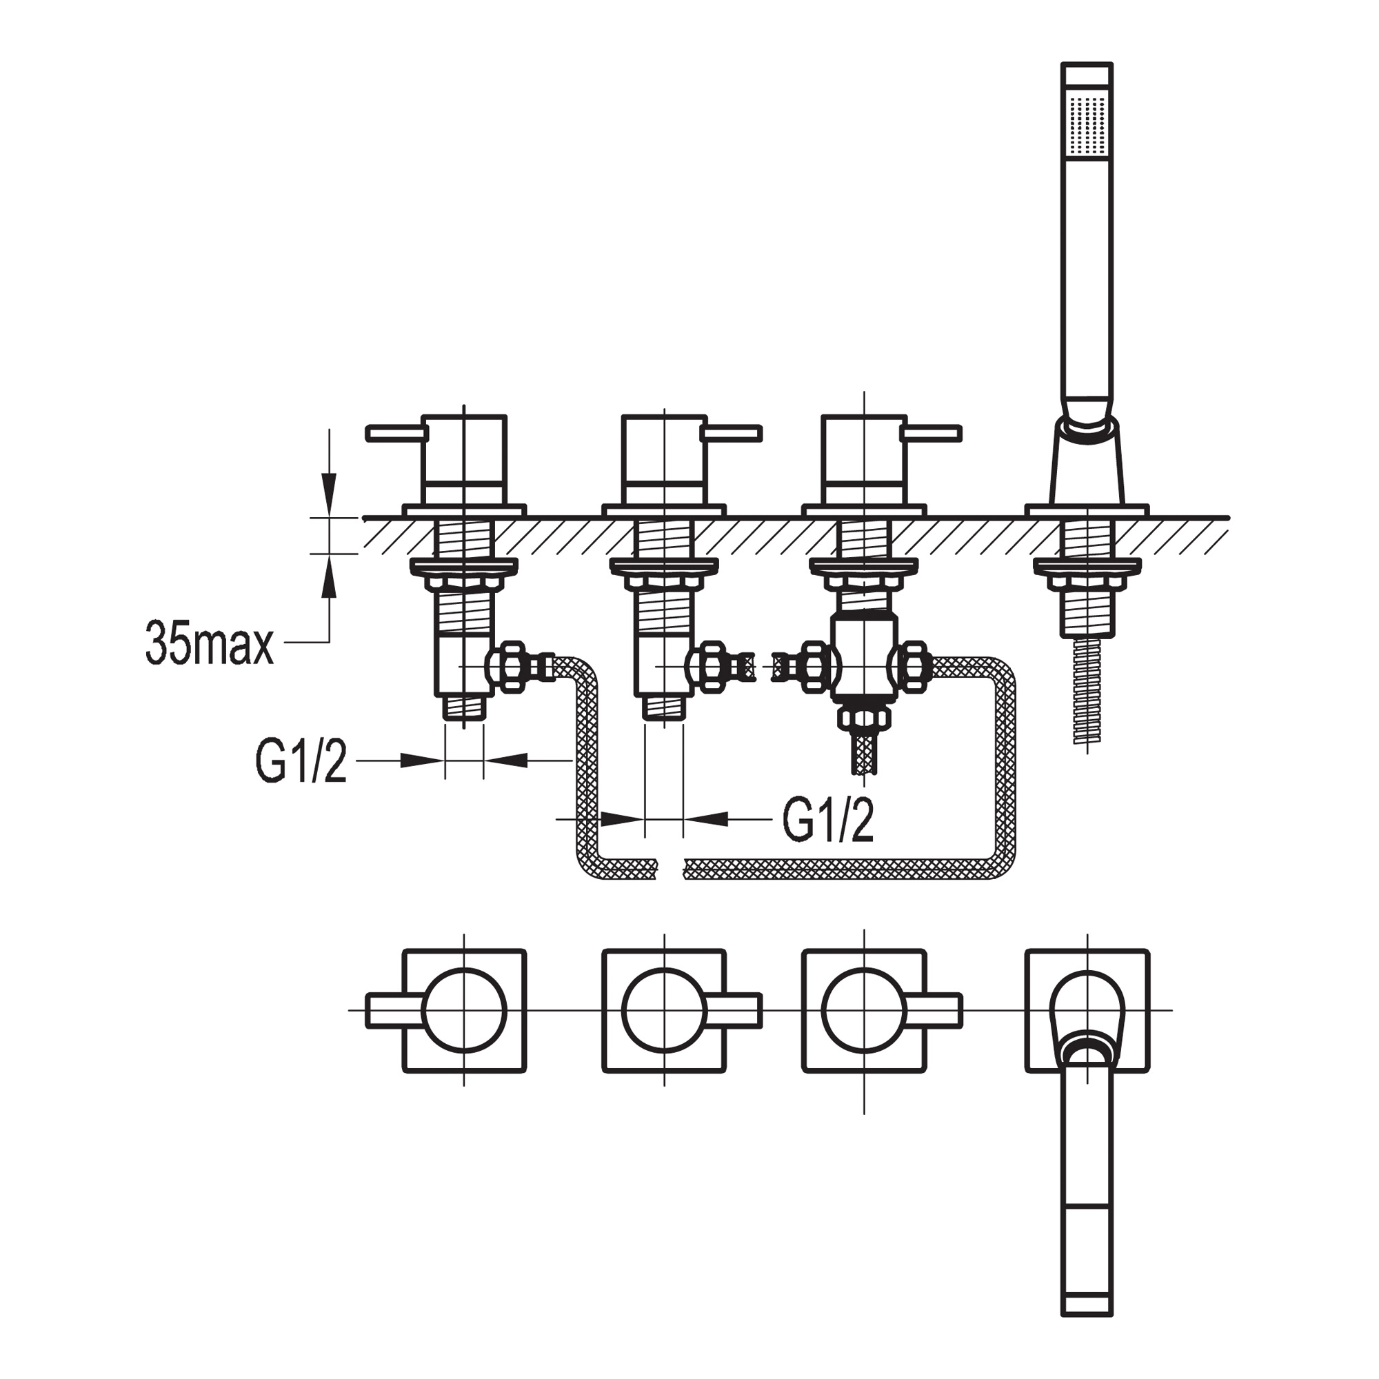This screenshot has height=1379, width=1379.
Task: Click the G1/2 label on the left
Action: tap(301, 761)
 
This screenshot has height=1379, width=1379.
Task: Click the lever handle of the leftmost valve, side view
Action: tap(397, 433)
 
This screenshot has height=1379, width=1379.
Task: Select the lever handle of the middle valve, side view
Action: tap(732, 433)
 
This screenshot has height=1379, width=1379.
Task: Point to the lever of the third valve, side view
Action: tap(932, 433)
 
